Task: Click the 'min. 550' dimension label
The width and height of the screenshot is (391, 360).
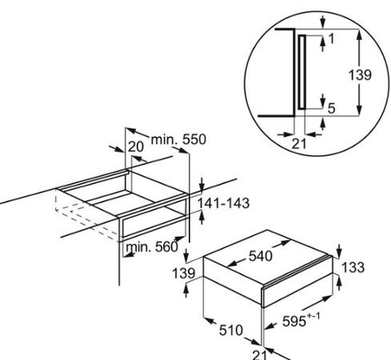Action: tap(178, 139)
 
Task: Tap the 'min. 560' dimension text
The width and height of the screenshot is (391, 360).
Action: tap(152, 247)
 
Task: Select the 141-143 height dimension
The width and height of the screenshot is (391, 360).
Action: tap(223, 203)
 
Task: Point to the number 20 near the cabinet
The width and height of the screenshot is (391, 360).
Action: tap(136, 147)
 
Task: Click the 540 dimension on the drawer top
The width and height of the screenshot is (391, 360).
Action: tap(261, 256)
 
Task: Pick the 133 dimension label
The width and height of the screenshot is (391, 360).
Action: tap(353, 267)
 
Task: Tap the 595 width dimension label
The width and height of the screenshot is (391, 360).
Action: tap(294, 321)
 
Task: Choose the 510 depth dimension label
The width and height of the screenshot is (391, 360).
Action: tap(231, 330)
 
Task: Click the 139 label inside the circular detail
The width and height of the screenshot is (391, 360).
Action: tap(360, 75)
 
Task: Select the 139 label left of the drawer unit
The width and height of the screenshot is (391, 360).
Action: tap(184, 274)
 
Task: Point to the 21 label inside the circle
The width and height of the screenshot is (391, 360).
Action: tap(299, 144)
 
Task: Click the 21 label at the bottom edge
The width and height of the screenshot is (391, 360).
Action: tap(259, 355)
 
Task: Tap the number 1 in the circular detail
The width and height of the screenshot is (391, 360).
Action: tap(331, 39)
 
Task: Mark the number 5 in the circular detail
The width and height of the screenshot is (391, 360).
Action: tap(331, 109)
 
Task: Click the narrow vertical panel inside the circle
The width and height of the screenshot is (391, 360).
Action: tap(301, 72)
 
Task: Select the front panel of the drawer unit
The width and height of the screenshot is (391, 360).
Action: tap(297, 282)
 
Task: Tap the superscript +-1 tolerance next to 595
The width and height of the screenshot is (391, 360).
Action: tap(313, 317)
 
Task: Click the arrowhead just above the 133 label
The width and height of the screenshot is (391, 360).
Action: tap(339, 252)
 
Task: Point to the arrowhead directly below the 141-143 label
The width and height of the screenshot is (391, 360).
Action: tap(201, 217)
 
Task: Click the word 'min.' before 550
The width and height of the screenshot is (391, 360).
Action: tap(164, 139)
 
